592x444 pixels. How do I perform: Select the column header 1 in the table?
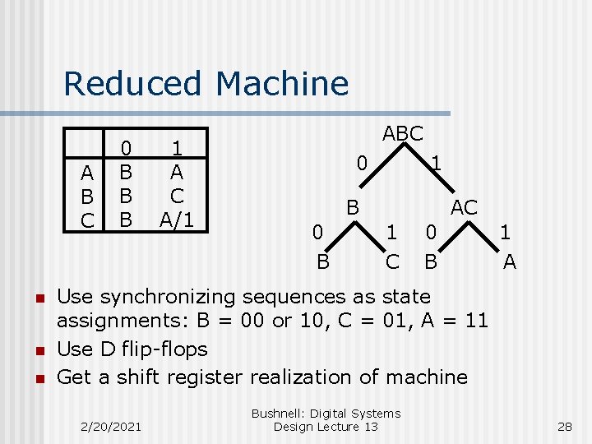click(176, 148)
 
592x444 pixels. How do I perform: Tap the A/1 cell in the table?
click(176, 220)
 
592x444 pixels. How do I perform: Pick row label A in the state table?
click(86, 175)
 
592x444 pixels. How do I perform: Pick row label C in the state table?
click(86, 220)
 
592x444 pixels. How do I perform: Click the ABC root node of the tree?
click(403, 133)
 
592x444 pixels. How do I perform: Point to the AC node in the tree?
click(464, 208)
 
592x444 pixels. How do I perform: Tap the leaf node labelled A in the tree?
click(510, 261)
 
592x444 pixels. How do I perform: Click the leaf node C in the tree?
click(393, 261)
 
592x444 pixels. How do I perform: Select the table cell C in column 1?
click(176, 197)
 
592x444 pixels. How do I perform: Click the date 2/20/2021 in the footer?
click(110, 426)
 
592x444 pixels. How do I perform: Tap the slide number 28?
click(564, 426)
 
